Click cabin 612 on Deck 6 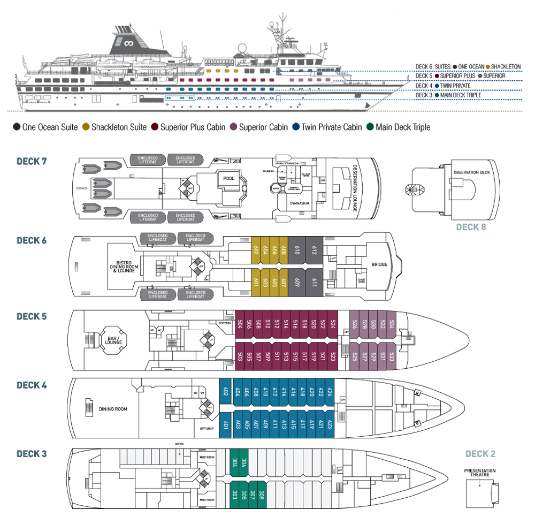314,250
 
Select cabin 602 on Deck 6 256,250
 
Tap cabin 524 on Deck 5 333,324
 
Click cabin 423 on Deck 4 330,426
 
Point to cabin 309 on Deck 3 261,495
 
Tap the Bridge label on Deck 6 379,264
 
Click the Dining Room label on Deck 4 113,409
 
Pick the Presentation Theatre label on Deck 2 480,473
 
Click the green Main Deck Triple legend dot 371,127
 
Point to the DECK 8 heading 471,227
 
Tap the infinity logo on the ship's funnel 128,43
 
